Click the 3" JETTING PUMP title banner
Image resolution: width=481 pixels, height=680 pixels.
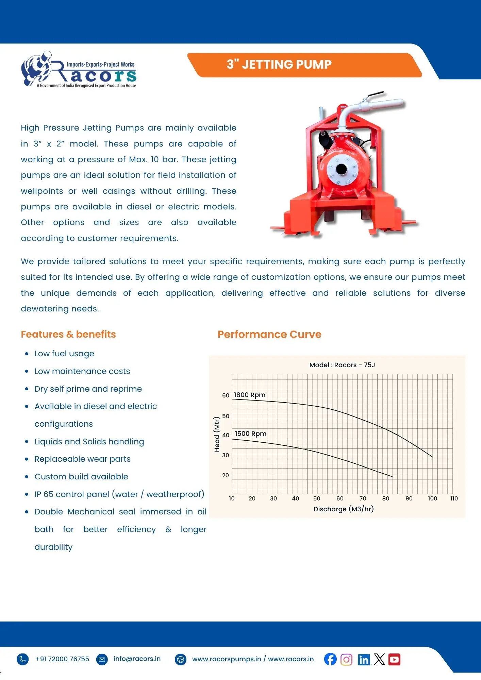click(x=279, y=65)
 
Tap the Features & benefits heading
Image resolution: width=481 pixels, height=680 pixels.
click(x=68, y=334)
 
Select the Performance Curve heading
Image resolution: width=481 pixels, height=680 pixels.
click(x=269, y=334)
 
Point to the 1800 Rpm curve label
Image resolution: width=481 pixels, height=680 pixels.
click(x=250, y=395)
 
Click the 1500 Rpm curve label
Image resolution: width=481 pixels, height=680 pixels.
click(x=251, y=434)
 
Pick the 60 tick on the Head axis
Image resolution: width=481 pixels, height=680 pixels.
click(x=226, y=395)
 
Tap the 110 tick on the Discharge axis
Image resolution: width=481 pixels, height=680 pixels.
click(x=454, y=498)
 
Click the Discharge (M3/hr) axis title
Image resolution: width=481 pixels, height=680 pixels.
click(x=344, y=509)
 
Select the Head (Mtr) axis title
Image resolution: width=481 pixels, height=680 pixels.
click(x=217, y=434)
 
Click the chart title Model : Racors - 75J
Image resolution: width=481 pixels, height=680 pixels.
click(x=342, y=365)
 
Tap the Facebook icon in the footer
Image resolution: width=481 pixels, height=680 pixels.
click(x=330, y=659)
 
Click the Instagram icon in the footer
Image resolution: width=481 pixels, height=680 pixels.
click(x=346, y=660)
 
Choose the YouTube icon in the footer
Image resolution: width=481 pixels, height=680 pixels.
click(x=394, y=660)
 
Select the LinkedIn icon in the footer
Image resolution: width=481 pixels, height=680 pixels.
click(x=364, y=660)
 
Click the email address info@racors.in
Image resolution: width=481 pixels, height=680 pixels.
click(x=137, y=659)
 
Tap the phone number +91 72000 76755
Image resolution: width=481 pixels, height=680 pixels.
click(x=62, y=659)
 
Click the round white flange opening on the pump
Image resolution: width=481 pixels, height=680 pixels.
click(x=341, y=169)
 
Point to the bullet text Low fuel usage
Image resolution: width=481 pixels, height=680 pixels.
click(x=64, y=354)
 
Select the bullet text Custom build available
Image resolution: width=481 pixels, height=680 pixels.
click(x=81, y=477)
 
